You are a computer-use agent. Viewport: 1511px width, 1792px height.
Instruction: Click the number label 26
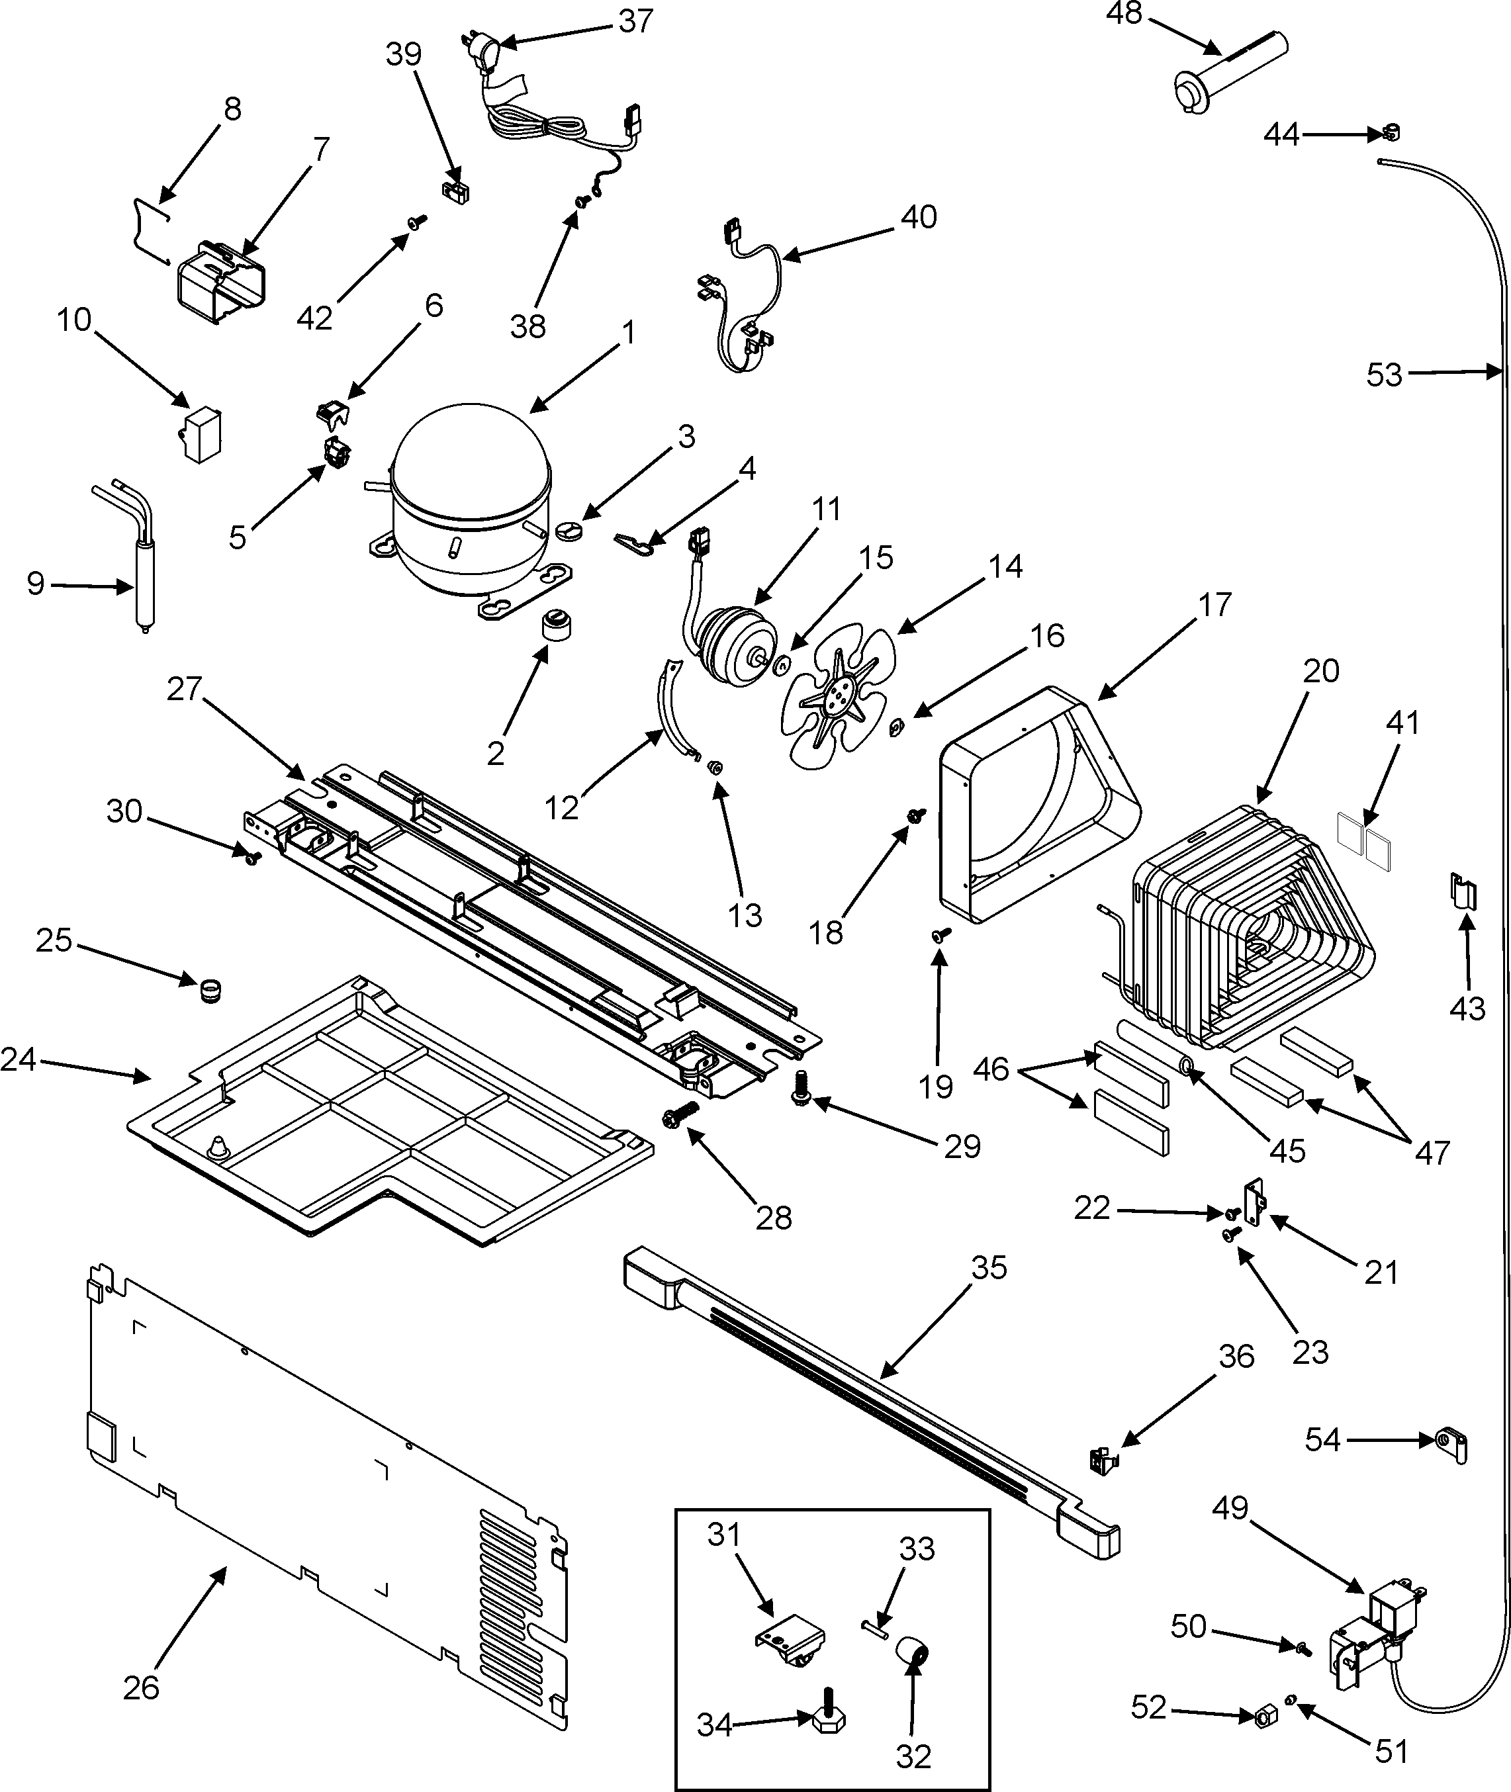[142, 1687]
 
